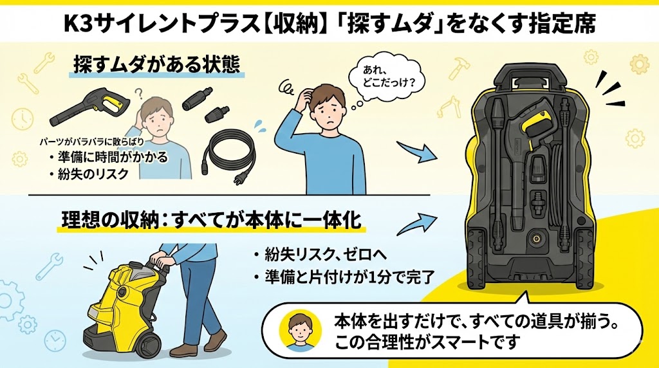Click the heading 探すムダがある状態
157,64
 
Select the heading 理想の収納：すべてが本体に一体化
211,220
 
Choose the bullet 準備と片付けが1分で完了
344,277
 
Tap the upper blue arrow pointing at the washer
417,152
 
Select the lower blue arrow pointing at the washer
417,223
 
